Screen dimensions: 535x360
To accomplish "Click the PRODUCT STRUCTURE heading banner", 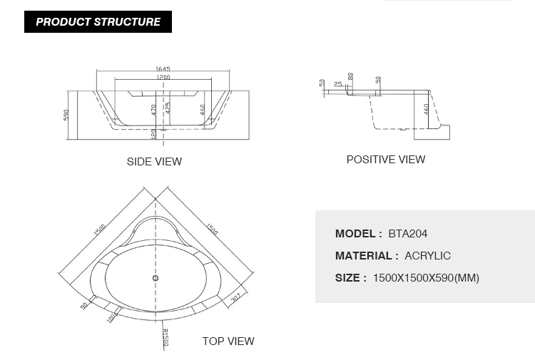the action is pos(98,22).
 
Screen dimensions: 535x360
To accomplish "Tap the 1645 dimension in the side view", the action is pos(163,69).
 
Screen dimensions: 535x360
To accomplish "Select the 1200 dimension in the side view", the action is pos(163,78).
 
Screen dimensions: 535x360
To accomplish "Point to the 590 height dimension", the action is pos(66,115).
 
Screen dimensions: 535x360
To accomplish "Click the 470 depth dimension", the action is pos(153,110).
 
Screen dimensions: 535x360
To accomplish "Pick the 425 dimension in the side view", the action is pos(168,108).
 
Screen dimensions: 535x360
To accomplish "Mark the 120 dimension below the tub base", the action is pos(153,133).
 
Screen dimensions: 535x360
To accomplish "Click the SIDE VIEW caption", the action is pos(154,162).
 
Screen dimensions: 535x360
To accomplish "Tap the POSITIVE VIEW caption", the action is pos(386,160).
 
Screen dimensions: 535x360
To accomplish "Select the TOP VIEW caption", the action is pos(228,341).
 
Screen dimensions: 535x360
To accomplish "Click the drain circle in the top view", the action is pos(156,278).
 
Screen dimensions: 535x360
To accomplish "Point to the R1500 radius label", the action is pos(165,337).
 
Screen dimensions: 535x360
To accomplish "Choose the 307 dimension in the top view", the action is pos(236,298).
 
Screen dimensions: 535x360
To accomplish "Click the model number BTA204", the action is pos(408,234).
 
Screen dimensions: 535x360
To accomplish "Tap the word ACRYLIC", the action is pos(427,256).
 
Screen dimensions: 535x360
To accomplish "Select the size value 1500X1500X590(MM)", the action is pos(426,278).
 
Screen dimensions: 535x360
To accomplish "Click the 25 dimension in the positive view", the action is pos(338,84).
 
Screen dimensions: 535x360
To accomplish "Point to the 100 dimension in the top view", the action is pos(111,318).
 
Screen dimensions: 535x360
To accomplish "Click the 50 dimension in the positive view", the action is pos(322,83).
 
